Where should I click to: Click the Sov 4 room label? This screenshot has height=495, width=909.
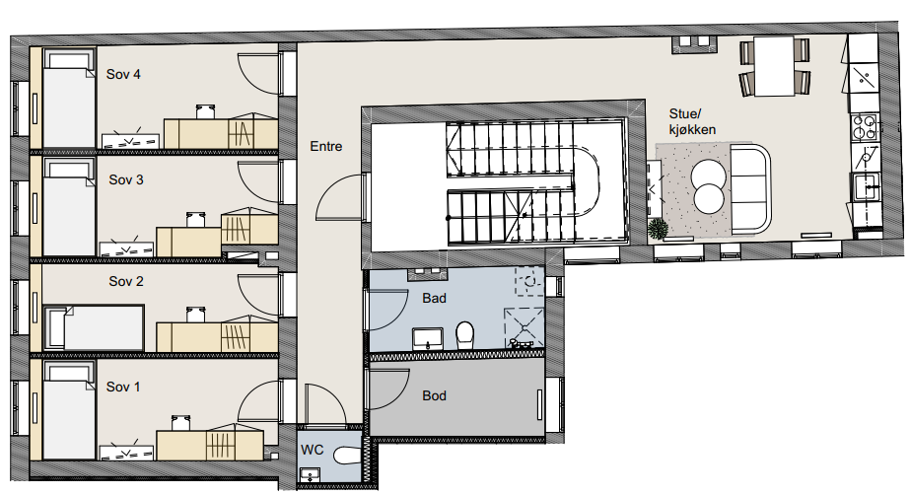[x=123, y=74]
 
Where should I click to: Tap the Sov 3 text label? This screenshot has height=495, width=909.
[x=126, y=179]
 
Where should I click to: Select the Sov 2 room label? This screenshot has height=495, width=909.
[x=126, y=281]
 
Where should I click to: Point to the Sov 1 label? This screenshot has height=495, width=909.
[x=123, y=387]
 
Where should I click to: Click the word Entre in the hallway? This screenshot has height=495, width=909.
[x=325, y=146]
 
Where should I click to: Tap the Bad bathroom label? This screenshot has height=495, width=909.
[x=434, y=298]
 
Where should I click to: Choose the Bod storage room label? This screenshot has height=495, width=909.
[x=434, y=395]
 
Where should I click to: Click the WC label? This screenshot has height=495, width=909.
[x=312, y=450]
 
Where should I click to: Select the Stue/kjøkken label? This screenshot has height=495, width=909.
[x=692, y=121]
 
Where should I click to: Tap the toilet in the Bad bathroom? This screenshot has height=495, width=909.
[x=464, y=335]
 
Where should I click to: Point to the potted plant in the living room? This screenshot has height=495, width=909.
[x=658, y=229]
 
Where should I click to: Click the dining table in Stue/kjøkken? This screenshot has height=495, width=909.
[x=774, y=66]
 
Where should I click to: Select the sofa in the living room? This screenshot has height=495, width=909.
[x=750, y=188]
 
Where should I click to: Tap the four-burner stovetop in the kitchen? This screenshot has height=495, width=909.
[x=864, y=127]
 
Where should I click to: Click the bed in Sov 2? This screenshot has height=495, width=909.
[x=94, y=327]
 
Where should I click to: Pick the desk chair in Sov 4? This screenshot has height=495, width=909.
[x=205, y=110]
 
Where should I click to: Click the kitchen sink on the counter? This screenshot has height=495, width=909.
[x=867, y=186]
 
